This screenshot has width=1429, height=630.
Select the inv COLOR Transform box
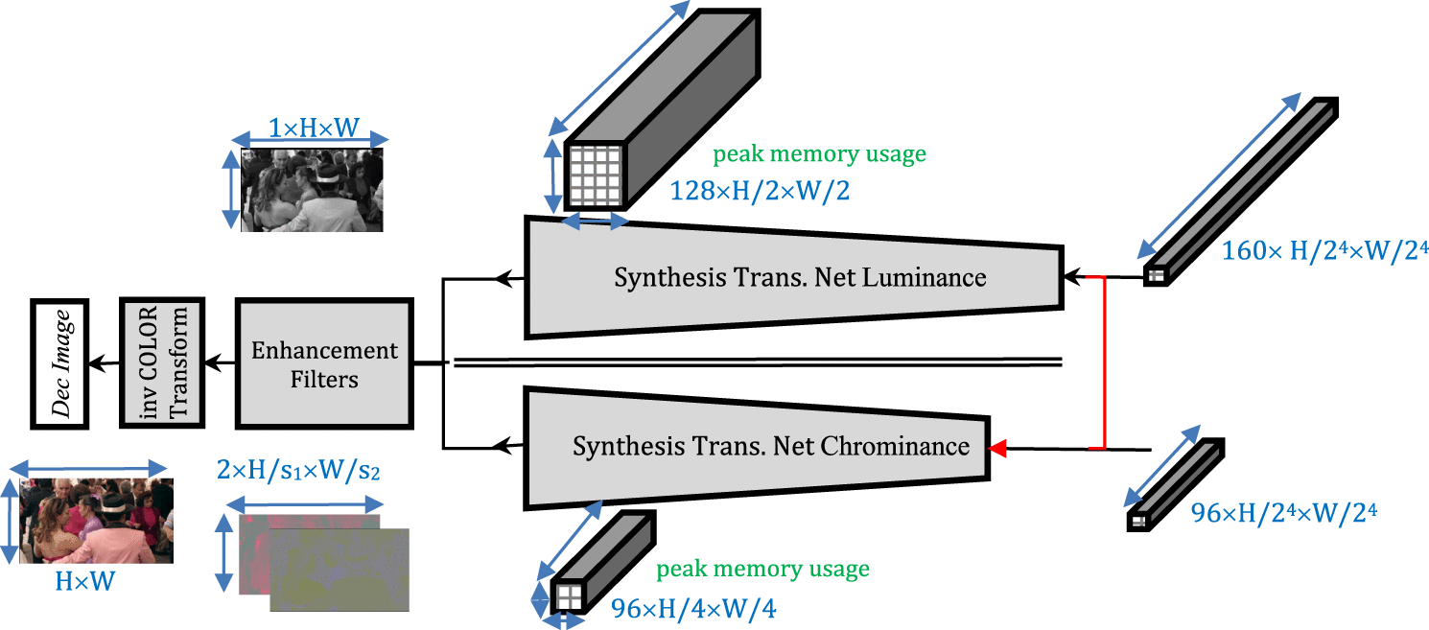163,363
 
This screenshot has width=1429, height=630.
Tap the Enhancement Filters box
324,363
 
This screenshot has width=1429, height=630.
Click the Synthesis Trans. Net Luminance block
796,277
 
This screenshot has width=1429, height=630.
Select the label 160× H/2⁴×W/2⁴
1324,252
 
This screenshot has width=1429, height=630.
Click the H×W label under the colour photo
84,580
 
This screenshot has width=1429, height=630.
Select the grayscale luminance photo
312,189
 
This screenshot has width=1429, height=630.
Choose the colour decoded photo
96,521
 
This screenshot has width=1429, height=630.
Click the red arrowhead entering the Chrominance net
998,448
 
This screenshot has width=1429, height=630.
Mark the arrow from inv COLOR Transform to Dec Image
104,363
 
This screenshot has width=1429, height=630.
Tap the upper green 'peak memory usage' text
818,153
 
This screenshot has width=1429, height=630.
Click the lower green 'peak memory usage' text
762,570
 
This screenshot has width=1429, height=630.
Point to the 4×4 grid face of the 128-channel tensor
594,175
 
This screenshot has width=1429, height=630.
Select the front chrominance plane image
340,570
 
